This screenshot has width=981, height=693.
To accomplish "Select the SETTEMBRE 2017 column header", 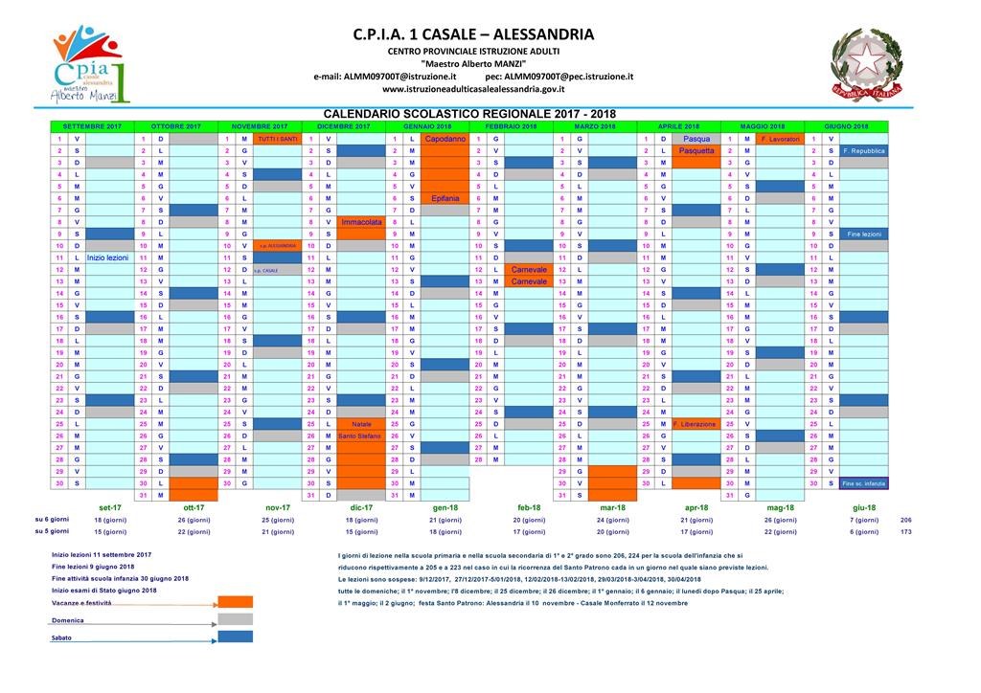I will (91, 126).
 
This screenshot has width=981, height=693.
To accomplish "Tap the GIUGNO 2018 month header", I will (846, 126).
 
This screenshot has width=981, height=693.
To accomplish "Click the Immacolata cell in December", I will (361, 222).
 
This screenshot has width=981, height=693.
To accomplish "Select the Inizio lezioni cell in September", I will (106, 257).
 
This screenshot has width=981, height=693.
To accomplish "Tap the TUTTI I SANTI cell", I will (277, 139).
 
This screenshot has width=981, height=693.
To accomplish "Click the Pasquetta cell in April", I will (696, 151).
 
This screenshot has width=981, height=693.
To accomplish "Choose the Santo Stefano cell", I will (360, 436).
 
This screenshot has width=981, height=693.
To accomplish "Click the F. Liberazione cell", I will (696, 424).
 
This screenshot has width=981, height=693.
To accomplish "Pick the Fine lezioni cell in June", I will (864, 234).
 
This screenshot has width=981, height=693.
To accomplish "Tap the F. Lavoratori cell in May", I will (780, 139).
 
